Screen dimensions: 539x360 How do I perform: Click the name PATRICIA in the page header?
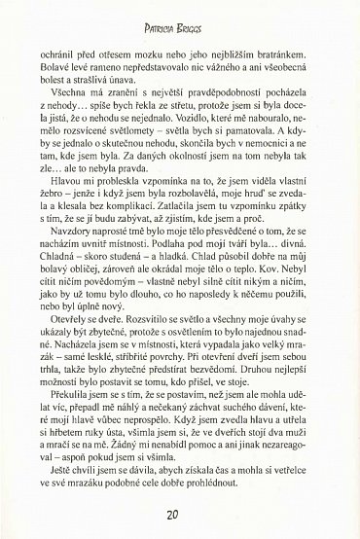click(x=159, y=19)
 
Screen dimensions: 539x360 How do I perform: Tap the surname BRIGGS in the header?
click(x=200, y=19)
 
